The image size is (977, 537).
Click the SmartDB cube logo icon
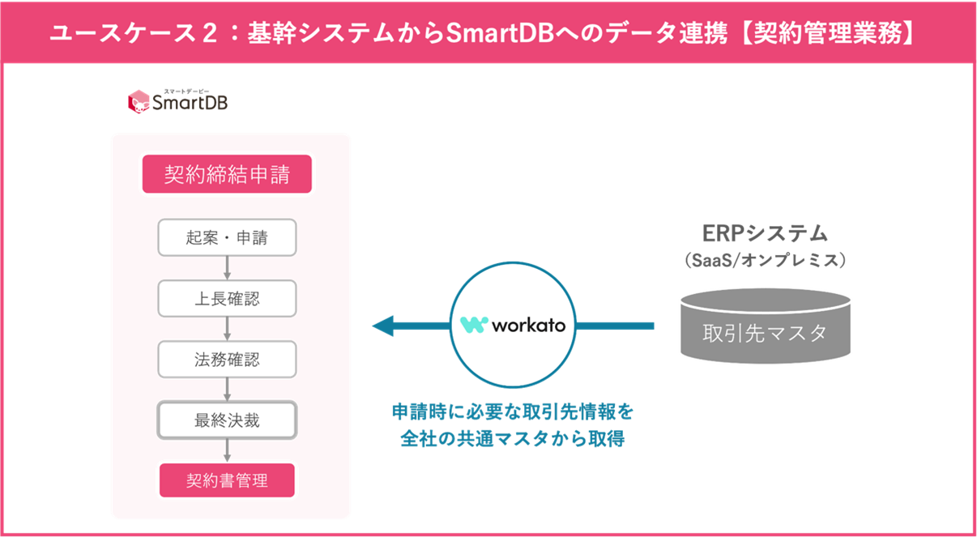(x=139, y=100)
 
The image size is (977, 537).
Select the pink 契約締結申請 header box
(x=227, y=174)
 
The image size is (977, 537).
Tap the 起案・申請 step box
(x=227, y=238)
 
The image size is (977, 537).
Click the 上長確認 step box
(x=227, y=299)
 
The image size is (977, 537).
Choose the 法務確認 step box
(x=227, y=360)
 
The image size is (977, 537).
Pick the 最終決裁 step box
(x=227, y=420)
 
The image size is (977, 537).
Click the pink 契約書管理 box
(x=227, y=480)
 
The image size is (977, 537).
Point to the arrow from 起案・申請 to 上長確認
(x=227, y=268)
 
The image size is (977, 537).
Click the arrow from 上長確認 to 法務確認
(x=227, y=329)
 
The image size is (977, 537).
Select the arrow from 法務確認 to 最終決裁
(x=227, y=390)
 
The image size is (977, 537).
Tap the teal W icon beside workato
(x=474, y=326)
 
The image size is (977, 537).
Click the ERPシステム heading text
(x=765, y=233)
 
